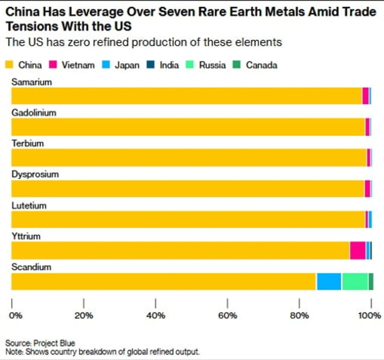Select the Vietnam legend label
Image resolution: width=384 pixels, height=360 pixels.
(78, 65)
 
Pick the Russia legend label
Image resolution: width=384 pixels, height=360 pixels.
(212, 65)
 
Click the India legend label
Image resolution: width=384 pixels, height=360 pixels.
(169, 65)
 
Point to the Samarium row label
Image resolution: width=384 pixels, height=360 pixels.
(32, 82)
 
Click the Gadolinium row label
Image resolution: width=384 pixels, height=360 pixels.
(34, 113)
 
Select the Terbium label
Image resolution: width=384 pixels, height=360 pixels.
(28, 144)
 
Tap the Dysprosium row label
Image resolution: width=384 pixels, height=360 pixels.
(35, 174)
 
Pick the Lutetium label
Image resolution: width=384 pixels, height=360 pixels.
(29, 205)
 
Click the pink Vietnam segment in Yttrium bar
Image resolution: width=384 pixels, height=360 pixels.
(357, 251)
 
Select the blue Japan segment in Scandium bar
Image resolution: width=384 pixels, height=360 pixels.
(328, 281)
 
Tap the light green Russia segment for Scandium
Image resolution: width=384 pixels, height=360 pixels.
(355, 281)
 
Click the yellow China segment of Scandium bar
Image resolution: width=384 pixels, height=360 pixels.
(163, 281)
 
